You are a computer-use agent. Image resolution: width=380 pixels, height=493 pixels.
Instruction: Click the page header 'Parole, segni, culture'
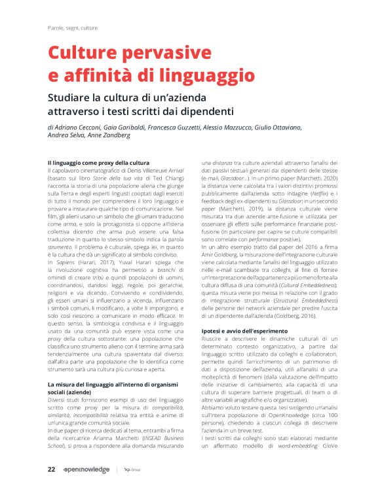pos(73,29)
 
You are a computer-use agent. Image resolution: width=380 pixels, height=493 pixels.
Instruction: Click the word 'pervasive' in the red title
pos(155,53)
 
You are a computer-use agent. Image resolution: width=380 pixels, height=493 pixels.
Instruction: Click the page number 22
pos(51,469)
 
